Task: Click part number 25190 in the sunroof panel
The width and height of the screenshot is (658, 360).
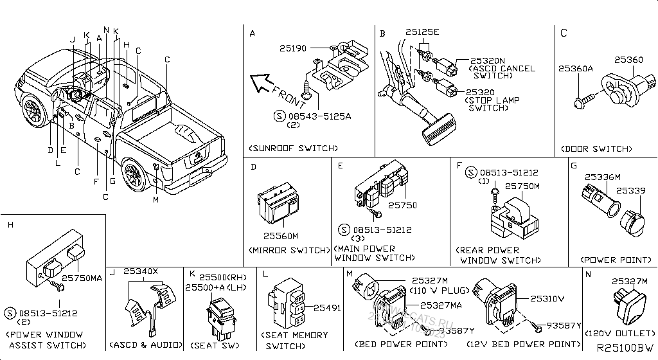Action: (x=292, y=48)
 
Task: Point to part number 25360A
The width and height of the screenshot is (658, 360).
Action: (x=575, y=69)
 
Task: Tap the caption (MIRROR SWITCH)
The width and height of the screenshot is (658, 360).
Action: (x=289, y=249)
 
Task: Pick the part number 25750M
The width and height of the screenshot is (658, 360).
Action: (x=522, y=186)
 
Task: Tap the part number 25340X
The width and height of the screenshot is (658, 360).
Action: (x=140, y=272)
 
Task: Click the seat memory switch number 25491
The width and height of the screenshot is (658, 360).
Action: (x=326, y=309)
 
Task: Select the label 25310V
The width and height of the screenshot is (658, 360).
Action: (x=547, y=299)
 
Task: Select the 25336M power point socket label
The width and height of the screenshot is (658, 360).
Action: (x=602, y=177)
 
